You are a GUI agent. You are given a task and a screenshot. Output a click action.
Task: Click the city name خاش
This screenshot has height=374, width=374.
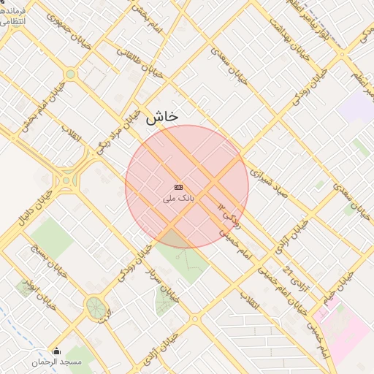162,116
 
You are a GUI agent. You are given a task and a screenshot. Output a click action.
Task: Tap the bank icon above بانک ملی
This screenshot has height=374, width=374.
179,188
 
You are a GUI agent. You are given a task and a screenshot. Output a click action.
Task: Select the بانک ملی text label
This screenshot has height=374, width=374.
179,198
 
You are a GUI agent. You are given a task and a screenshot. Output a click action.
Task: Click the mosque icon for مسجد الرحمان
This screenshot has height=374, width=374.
57,351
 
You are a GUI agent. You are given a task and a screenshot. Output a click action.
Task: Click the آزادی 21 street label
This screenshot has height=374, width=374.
292,266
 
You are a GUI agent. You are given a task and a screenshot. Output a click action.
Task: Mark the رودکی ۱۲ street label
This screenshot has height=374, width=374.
227,213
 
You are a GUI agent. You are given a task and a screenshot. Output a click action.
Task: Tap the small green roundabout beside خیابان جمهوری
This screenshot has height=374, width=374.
70,74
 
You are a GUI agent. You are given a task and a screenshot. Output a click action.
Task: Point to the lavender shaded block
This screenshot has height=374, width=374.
356,106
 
